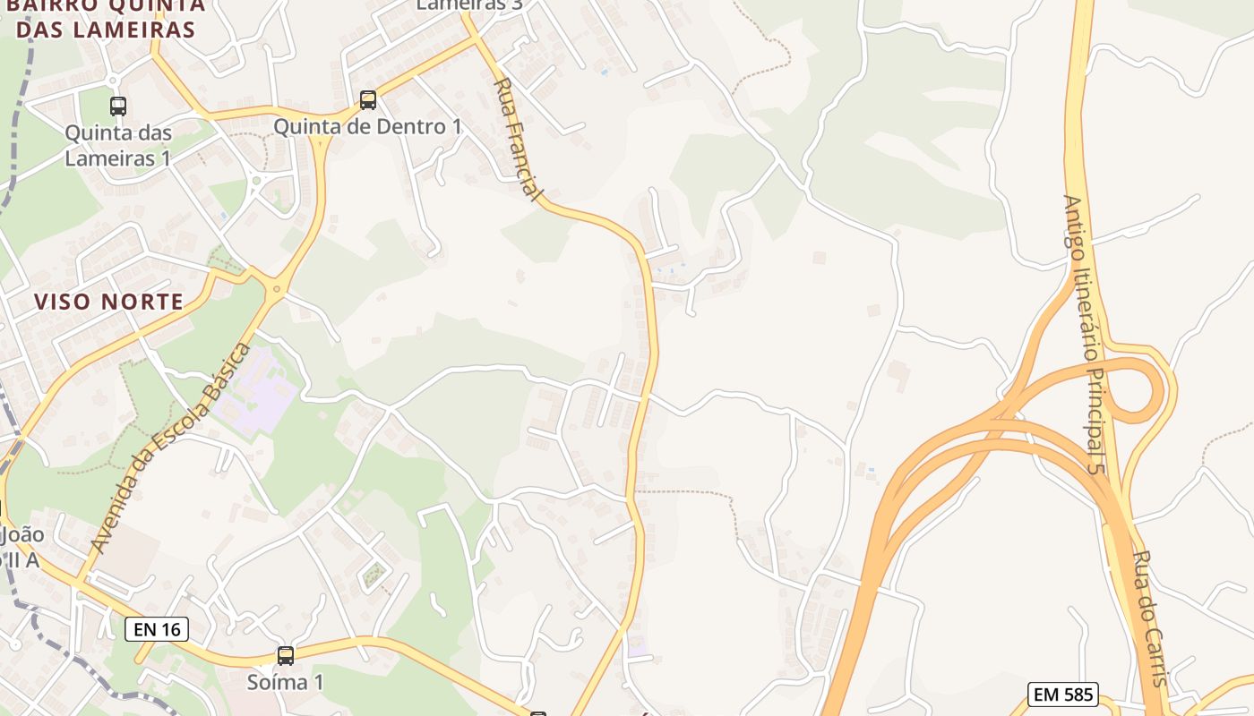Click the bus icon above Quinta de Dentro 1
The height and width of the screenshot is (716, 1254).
(x=368, y=99)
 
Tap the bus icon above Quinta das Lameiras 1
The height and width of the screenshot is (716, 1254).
(x=118, y=106)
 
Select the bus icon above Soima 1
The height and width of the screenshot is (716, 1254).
(x=285, y=656)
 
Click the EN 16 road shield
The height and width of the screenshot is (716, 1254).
(x=157, y=629)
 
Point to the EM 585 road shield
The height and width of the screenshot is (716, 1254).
(x=1063, y=694)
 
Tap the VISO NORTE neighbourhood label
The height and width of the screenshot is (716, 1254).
(x=109, y=302)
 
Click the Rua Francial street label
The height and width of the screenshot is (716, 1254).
(x=519, y=139)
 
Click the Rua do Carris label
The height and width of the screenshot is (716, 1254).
(x=1149, y=618)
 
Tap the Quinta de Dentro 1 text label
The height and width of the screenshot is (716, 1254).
(x=367, y=127)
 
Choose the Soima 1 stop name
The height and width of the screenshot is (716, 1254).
(x=285, y=682)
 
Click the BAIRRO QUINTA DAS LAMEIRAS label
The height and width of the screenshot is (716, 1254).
(x=106, y=18)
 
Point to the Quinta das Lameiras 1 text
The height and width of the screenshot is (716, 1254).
(x=117, y=145)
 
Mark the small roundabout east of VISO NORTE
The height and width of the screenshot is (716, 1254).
(x=277, y=288)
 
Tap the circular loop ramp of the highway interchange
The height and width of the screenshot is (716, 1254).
(x=1138, y=390)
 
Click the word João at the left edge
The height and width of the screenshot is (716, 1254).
(x=23, y=535)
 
